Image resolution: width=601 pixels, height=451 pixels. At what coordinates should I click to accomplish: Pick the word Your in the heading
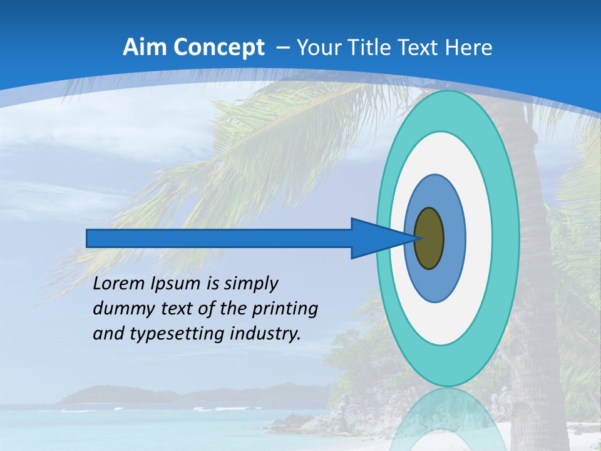pos(316,48)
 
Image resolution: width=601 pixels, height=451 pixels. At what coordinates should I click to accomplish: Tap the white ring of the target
pos(478,238)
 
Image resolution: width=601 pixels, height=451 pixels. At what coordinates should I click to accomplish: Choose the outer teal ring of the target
pos(506,238)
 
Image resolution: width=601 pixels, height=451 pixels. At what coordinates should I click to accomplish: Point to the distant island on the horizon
pos(119,395)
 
